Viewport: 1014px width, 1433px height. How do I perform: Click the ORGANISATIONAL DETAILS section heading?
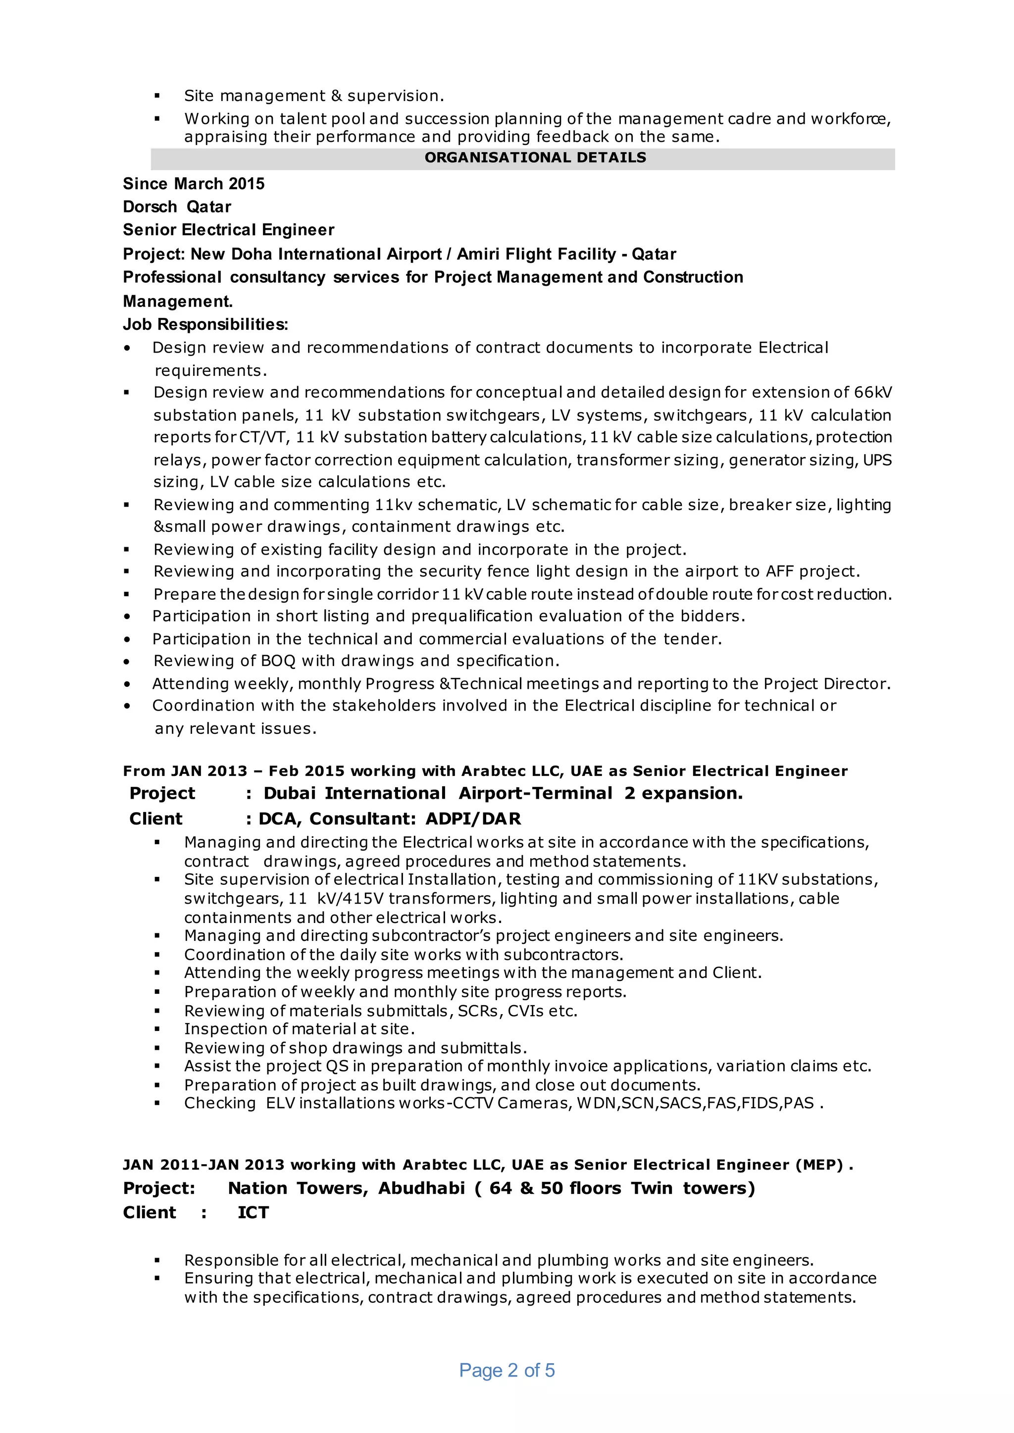pyautogui.click(x=535, y=158)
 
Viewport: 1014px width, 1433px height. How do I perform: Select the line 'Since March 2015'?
pyautogui.click(x=194, y=184)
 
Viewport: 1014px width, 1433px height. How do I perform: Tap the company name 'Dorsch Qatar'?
pyautogui.click(x=177, y=206)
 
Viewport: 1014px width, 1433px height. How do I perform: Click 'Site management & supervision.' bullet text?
pyautogui.click(x=314, y=96)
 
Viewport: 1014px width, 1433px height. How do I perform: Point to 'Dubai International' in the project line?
pyautogui.click(x=354, y=794)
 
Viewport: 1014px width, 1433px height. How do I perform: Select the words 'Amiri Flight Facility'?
pyautogui.click(x=536, y=254)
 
